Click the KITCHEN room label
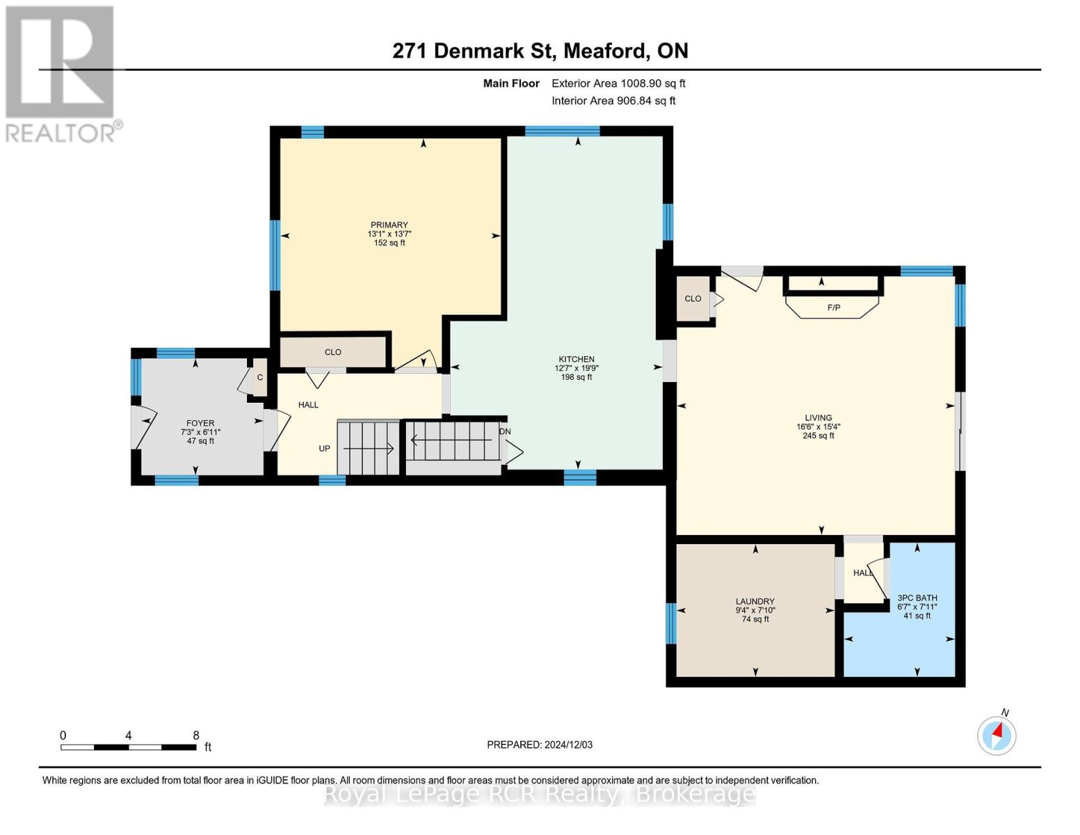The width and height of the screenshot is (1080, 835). point(576,360)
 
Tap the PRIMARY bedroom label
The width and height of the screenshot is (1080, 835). point(389,225)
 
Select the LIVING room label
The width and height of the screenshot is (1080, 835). point(818,418)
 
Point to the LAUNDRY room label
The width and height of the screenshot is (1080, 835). point(755,602)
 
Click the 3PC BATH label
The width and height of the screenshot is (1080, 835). point(917,598)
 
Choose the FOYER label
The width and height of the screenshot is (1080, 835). point(200,423)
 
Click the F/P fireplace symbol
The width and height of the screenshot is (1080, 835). point(833,307)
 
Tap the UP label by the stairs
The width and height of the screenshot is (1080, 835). point(325,449)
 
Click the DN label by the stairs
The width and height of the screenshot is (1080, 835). point(505,431)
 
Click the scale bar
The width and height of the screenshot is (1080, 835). point(129,747)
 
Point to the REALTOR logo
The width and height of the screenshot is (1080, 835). point(61,73)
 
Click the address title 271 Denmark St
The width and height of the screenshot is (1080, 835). point(540,51)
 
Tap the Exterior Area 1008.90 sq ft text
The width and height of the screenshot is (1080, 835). point(618,83)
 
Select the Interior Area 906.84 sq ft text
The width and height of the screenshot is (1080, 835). point(613,101)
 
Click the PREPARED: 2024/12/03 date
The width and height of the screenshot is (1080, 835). point(540,745)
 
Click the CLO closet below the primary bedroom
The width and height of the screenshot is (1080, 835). point(333,352)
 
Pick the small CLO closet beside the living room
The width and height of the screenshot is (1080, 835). point(693,299)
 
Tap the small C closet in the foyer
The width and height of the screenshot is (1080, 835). point(259,378)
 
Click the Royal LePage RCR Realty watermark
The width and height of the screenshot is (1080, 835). point(540,794)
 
